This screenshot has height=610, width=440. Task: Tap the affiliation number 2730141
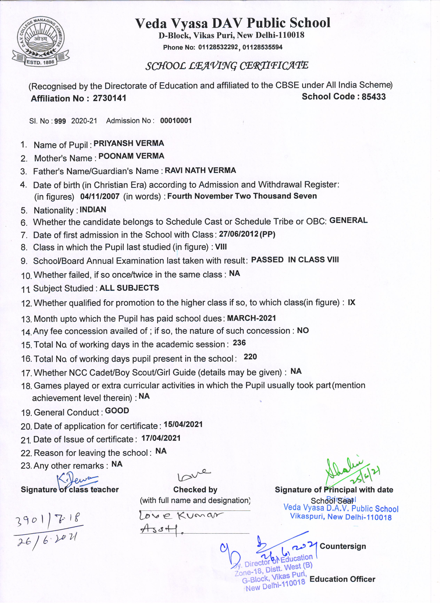pyautogui.click(x=109, y=98)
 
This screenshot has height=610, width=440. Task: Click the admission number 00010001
pyautogui.click(x=176, y=121)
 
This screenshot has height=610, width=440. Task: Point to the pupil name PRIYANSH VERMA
pyautogui.click(x=129, y=143)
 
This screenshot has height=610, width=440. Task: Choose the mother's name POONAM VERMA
pyautogui.click(x=131, y=156)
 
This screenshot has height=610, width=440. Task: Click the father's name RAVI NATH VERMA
pyautogui.click(x=200, y=170)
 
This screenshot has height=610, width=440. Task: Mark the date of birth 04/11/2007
pyautogui.click(x=100, y=196)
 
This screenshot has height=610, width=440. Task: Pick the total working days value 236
pyautogui.click(x=239, y=343)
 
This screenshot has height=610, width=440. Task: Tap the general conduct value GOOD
pyautogui.click(x=117, y=411)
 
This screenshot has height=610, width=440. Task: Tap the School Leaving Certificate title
pyautogui.click(x=227, y=66)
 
